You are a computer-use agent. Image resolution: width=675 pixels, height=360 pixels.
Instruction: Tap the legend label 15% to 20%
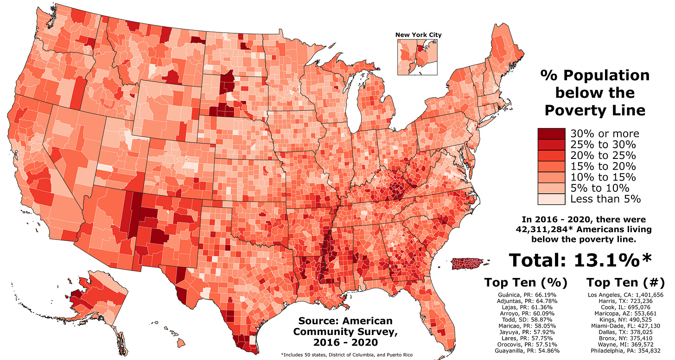(603, 166)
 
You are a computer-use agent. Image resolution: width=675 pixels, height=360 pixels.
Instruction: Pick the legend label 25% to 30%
(603, 144)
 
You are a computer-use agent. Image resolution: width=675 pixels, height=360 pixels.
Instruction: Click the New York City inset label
(418, 35)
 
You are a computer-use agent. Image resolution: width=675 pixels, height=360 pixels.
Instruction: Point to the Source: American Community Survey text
(345, 332)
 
